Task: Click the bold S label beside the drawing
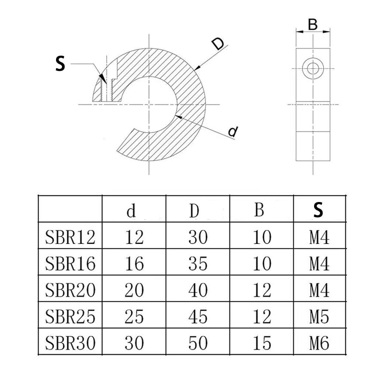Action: click(60, 63)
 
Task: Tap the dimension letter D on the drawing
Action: click(218, 45)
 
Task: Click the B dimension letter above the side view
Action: click(313, 25)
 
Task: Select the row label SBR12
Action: click(70, 237)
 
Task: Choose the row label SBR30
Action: click(70, 343)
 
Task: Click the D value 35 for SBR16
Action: click(198, 264)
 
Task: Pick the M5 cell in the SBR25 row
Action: click(319, 316)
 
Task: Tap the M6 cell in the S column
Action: click(319, 343)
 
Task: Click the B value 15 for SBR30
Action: click(262, 343)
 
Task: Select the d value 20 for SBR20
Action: click(134, 290)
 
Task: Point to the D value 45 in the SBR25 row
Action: click(198, 316)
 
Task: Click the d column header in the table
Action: click(131, 211)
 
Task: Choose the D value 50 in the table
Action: click(198, 343)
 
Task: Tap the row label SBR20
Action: click(70, 290)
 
